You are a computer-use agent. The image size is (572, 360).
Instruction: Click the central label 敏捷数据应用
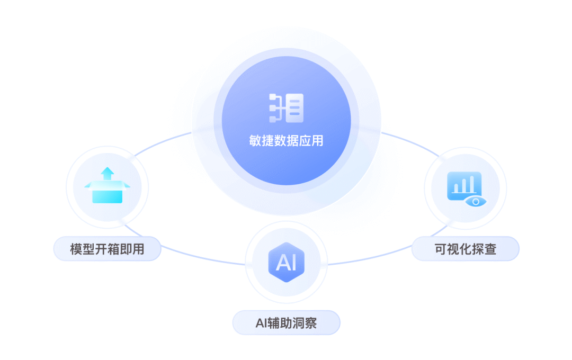coord(286,141)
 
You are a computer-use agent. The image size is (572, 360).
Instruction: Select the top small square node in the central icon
coord(274,98)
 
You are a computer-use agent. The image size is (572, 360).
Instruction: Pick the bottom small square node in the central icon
coord(274,118)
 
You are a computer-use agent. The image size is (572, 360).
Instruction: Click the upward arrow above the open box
coord(108,173)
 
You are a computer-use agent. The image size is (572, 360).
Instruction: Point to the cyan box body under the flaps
coord(108,195)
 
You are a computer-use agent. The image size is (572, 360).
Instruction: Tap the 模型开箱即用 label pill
coord(107,249)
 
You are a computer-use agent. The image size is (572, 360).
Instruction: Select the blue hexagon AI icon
coord(286,262)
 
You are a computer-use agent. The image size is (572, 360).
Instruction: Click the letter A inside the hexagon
coord(282,263)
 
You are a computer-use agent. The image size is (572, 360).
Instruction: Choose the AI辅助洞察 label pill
coord(286,322)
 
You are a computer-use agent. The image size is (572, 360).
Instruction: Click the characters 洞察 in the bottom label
coord(305,322)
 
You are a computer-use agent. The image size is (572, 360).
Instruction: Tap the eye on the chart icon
coord(475,202)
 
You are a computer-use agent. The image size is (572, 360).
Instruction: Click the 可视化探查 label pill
coord(466,249)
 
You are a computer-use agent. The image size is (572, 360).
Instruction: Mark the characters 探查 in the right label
coord(484,249)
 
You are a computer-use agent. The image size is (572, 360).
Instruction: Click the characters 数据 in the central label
coord(286,141)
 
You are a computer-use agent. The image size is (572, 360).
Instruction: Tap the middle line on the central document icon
coord(295,109)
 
